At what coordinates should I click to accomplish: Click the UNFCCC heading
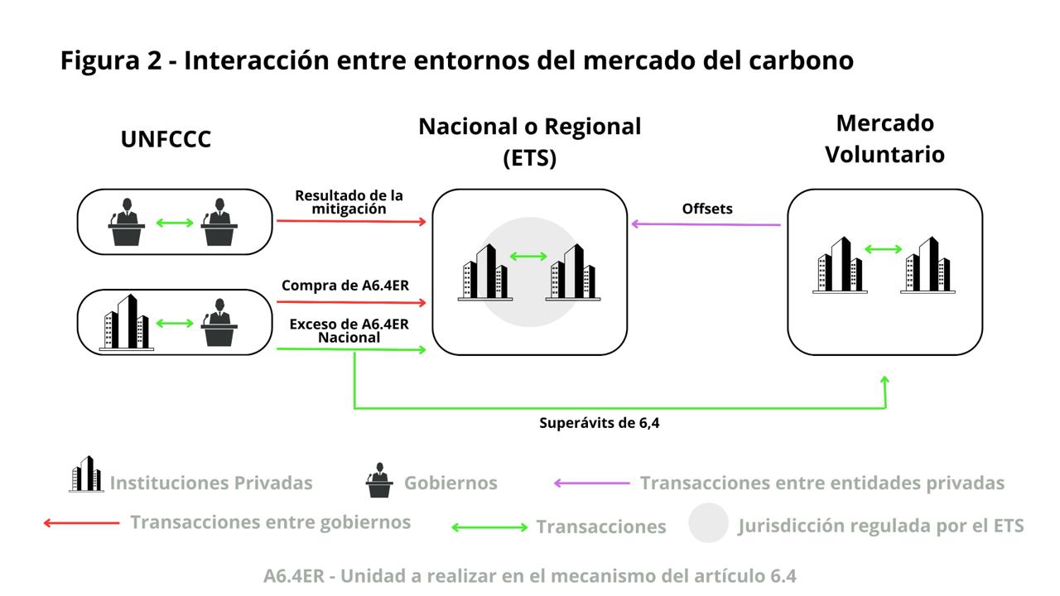click(166, 139)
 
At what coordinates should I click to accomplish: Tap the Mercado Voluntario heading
click(884, 138)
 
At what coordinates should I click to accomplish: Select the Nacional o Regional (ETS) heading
click(529, 142)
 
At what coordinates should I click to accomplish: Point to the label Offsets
click(707, 209)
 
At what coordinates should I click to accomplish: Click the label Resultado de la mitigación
click(349, 202)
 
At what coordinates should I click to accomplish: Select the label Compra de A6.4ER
click(344, 286)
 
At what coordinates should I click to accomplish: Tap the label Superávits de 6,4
click(599, 423)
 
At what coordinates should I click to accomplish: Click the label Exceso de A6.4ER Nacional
click(349, 330)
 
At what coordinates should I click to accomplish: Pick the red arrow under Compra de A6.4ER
click(351, 303)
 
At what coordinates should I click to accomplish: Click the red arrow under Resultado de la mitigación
click(351, 221)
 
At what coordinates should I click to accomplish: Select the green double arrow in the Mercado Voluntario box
click(884, 248)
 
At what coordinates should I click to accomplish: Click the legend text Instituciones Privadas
click(211, 483)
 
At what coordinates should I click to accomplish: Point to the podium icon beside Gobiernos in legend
click(379, 480)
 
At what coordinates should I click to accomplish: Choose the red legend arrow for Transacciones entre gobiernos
click(81, 522)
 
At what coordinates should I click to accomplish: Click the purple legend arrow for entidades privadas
click(591, 483)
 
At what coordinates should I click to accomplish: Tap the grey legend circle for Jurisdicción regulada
click(708, 523)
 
